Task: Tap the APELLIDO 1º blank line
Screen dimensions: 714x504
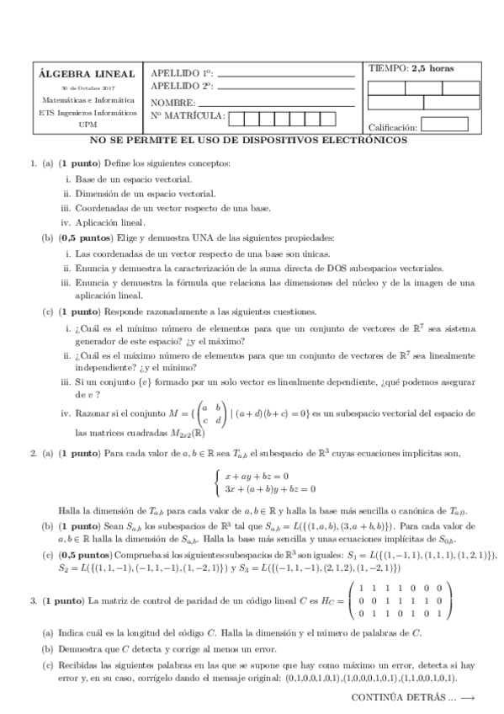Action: tap(286, 77)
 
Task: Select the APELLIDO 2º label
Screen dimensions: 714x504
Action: tap(182, 86)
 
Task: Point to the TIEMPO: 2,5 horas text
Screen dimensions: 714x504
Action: tap(411, 68)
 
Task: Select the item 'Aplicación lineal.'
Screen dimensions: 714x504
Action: tap(110, 223)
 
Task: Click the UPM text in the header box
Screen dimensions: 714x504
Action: tap(87, 123)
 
